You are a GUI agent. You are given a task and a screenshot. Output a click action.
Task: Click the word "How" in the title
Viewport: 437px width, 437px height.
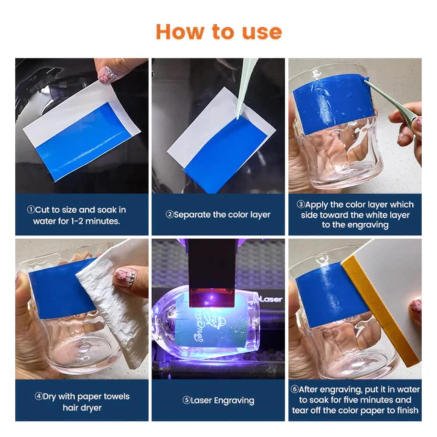(180, 32)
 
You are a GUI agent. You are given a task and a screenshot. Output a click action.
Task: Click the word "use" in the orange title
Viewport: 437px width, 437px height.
(262, 32)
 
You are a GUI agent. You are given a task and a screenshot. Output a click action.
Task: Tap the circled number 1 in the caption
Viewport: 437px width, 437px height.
(31, 210)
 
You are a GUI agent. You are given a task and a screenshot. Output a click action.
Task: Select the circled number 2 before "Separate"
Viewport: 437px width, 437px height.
(169, 215)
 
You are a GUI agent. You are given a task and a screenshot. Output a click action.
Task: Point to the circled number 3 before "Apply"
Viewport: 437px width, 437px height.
(301, 204)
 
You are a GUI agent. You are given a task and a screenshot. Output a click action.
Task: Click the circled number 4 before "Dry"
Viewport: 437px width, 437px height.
(38, 396)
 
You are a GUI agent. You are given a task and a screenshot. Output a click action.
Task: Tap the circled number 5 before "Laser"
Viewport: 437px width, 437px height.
(186, 400)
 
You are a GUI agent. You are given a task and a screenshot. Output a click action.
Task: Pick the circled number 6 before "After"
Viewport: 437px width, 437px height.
(294, 389)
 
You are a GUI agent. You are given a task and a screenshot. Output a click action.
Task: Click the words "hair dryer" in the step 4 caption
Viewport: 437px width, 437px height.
(82, 408)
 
